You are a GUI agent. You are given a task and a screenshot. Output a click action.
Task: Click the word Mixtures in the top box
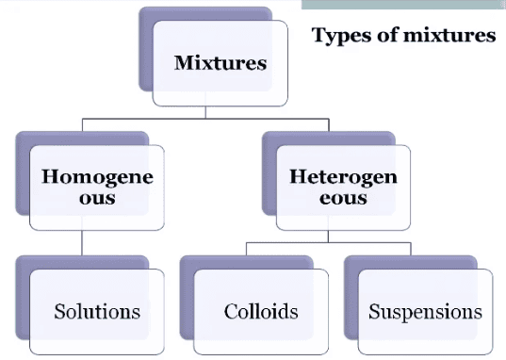(220, 64)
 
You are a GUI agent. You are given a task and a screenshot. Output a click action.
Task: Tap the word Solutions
(97, 311)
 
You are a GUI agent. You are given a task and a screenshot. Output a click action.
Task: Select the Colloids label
(261, 311)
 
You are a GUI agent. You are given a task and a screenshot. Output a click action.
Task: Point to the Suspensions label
(425, 311)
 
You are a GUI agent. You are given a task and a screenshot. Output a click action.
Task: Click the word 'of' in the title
(386, 37)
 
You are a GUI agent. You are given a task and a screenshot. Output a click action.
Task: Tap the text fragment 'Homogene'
(97, 176)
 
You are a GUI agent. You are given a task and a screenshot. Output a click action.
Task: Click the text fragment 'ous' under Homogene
(97, 199)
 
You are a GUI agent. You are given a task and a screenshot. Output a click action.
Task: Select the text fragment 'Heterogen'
(343, 176)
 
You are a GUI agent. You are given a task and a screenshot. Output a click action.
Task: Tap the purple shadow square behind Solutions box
(23, 283)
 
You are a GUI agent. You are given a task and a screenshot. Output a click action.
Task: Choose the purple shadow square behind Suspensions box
(351, 283)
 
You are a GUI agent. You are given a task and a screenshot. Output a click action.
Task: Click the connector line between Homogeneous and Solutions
(83, 242)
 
